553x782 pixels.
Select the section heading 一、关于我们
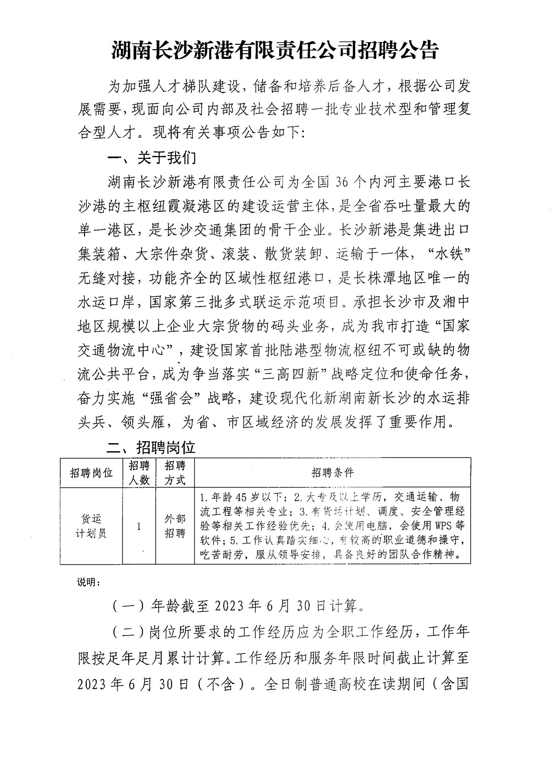(x=152, y=158)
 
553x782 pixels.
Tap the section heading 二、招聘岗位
(x=151, y=447)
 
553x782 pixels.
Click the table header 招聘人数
(x=139, y=473)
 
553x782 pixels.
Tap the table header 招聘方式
(x=175, y=473)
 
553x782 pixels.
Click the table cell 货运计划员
(x=91, y=526)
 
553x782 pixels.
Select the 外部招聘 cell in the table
(x=175, y=526)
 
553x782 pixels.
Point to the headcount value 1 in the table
(x=139, y=527)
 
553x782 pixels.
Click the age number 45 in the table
(x=241, y=497)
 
